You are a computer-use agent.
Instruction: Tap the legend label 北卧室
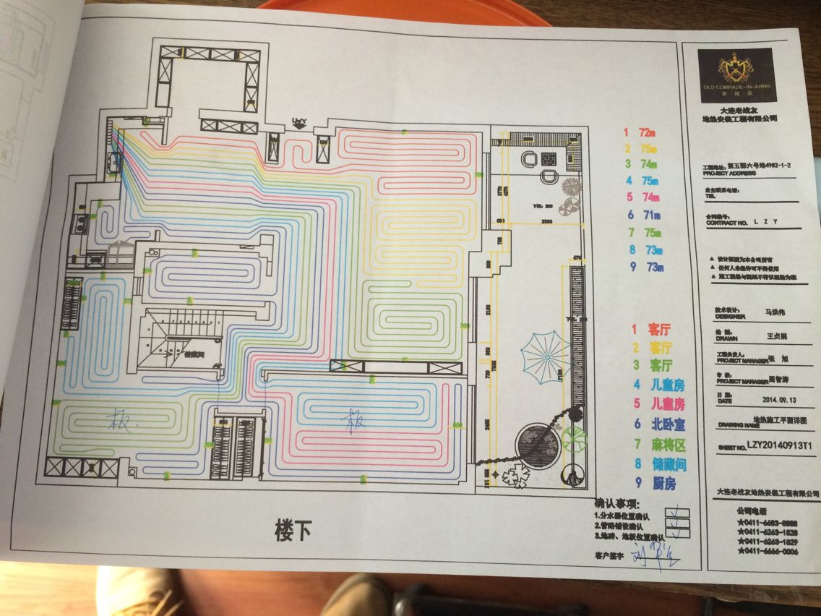(x=664, y=423)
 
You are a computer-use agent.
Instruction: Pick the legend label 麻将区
(x=664, y=444)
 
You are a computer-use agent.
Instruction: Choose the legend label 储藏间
(x=664, y=464)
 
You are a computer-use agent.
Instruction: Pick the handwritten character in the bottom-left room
(x=118, y=420)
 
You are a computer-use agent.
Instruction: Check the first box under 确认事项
(x=677, y=513)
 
